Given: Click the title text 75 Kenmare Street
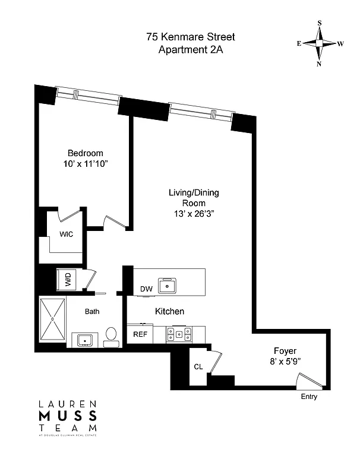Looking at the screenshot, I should (x=191, y=37).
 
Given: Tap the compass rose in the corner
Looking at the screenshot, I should (x=320, y=43).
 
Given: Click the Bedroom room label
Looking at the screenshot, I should (x=85, y=153).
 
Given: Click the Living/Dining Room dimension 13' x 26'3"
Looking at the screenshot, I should (x=191, y=214).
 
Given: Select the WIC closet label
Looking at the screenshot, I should (x=66, y=234).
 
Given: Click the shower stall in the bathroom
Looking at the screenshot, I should (x=52, y=319).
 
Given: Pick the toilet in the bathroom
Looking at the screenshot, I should (x=110, y=335).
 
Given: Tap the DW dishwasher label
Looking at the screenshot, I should (x=146, y=289).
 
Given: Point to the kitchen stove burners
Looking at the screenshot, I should (x=178, y=334).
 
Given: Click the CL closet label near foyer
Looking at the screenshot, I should (x=198, y=366).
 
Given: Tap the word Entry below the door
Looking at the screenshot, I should (x=309, y=397).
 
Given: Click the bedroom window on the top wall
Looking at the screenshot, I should (x=88, y=94).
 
